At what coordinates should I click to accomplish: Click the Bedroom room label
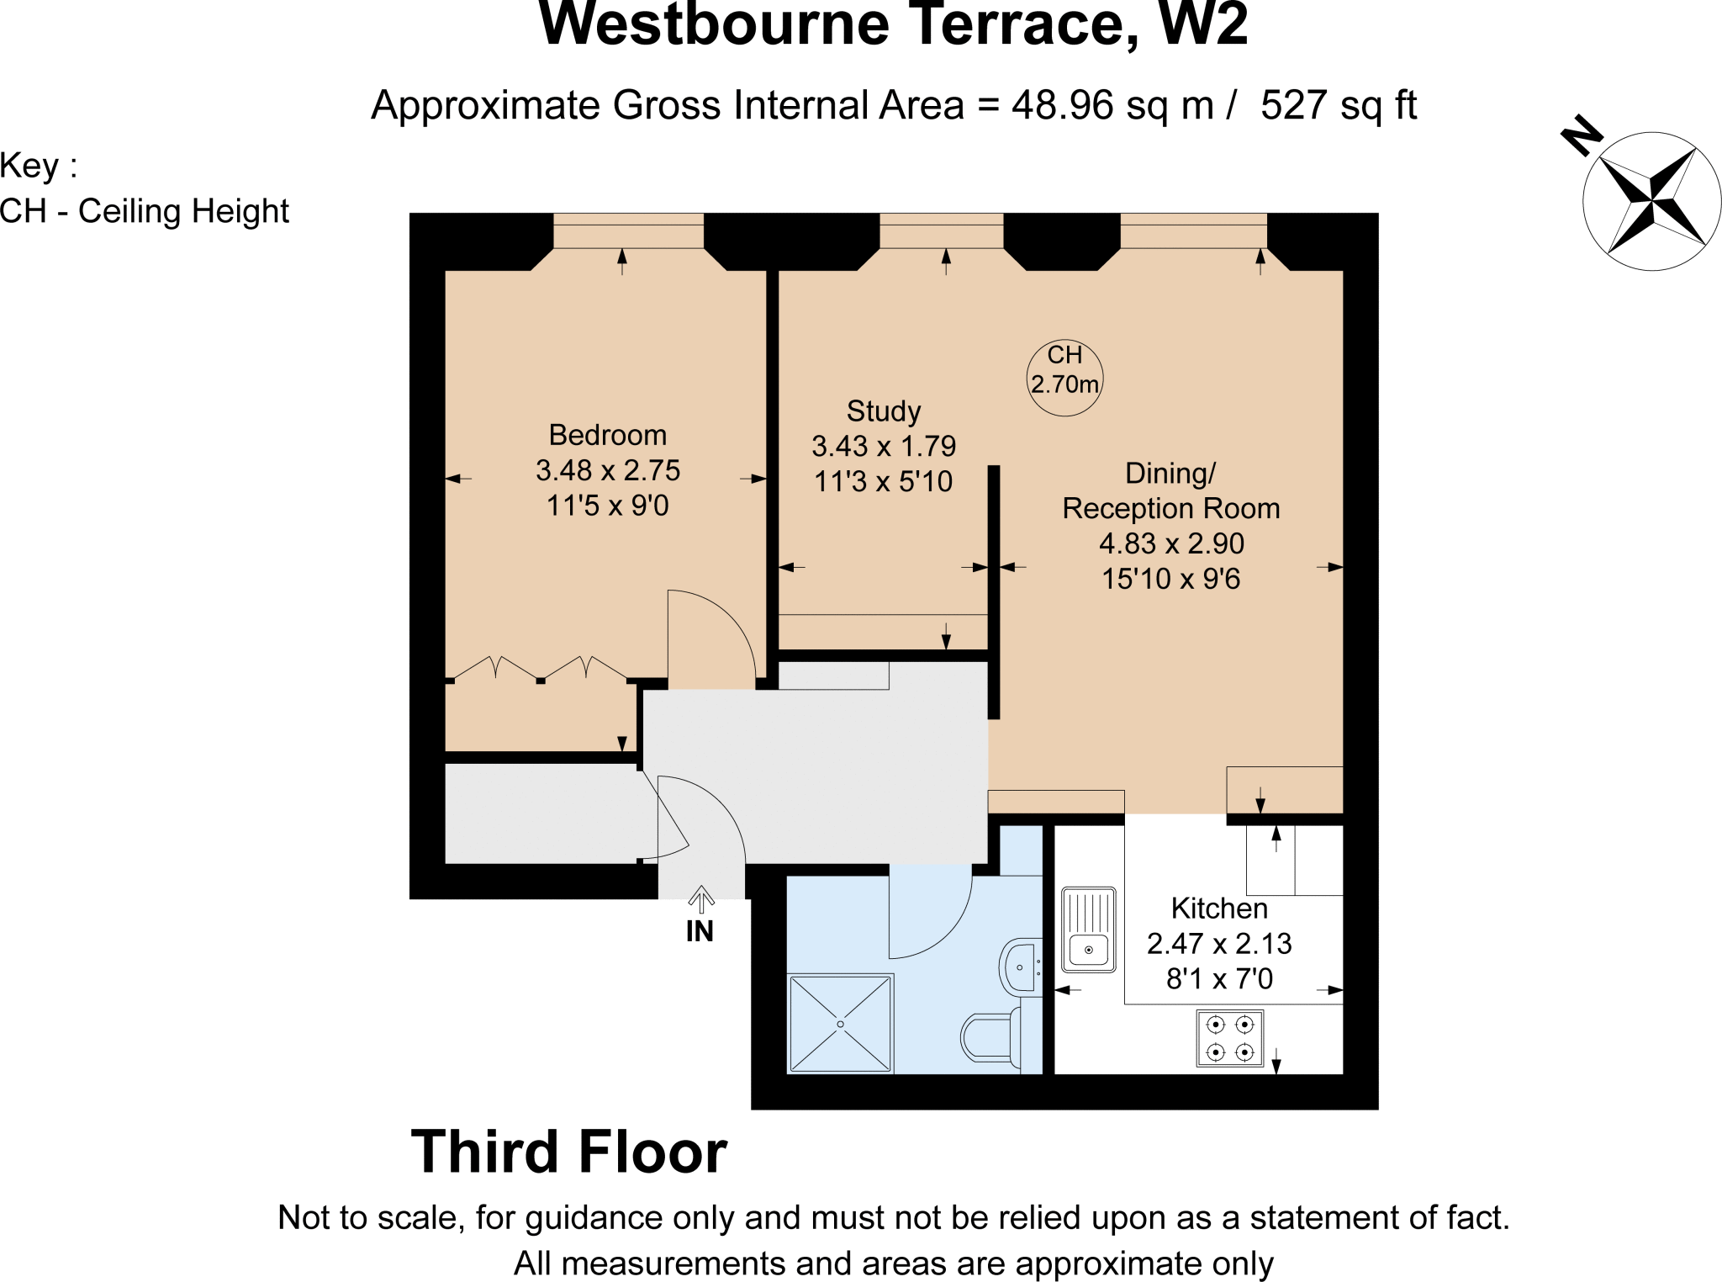[607, 435]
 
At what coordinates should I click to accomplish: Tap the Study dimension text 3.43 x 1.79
[883, 446]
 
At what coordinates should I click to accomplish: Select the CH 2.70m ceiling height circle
[1064, 378]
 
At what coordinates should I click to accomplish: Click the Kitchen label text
[1218, 909]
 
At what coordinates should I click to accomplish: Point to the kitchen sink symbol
[1088, 929]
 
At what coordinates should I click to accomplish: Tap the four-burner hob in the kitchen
[1229, 1038]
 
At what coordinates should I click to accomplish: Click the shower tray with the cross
[840, 1024]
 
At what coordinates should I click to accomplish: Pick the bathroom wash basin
[1020, 967]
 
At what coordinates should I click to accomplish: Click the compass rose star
[1651, 201]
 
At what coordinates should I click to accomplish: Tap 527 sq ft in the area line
[1338, 106]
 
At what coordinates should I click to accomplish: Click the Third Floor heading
[568, 1152]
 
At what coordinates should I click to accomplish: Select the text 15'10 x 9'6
[1170, 579]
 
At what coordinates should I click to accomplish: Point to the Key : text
[39, 166]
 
